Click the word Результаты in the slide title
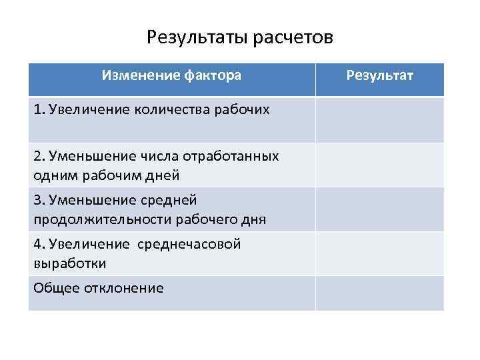(x=197, y=37)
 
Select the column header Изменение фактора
(x=171, y=75)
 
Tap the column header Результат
(x=380, y=75)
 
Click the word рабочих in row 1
(x=243, y=109)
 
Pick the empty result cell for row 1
(x=380, y=120)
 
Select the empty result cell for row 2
(x=380, y=165)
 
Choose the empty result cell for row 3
(x=380, y=209)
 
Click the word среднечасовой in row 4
(x=189, y=244)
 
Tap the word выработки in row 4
(x=69, y=263)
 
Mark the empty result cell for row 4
(x=380, y=253)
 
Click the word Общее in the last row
(x=53, y=288)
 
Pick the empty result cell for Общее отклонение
(x=380, y=293)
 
